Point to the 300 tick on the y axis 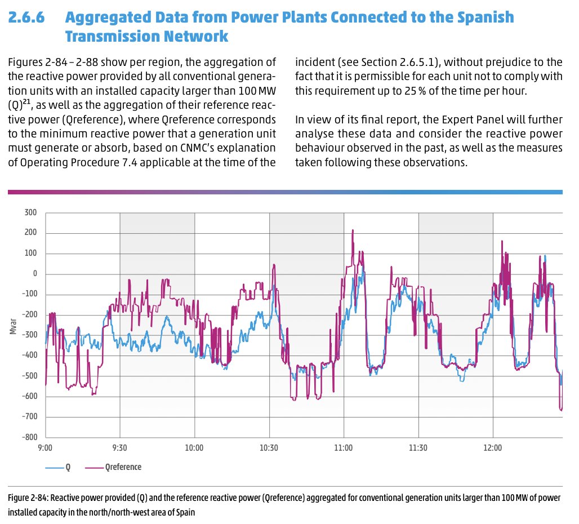tap(30, 212)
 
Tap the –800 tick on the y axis tap(28, 437)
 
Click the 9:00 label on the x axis tap(45, 448)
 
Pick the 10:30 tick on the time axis tap(269, 448)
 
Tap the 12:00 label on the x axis tap(493, 448)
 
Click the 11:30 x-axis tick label tap(418, 448)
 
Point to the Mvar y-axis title tap(12, 326)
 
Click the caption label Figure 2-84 tap(29, 499)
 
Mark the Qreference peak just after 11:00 tap(353, 230)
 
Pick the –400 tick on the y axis tap(28, 356)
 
